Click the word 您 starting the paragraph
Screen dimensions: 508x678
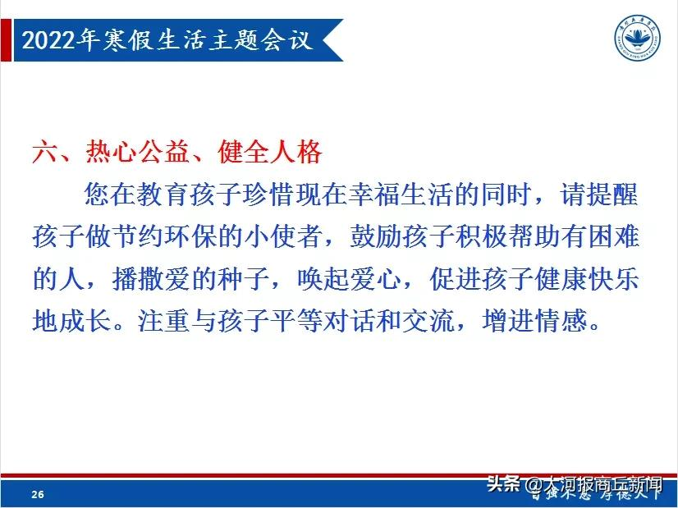pos(98,196)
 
